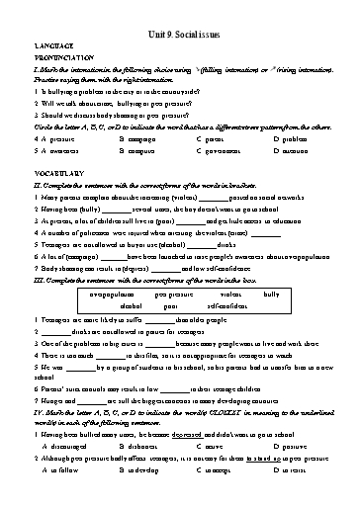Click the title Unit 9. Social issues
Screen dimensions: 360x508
pyautogui.click(x=180, y=20)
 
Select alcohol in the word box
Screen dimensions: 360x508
pyautogui.click(x=133, y=307)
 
